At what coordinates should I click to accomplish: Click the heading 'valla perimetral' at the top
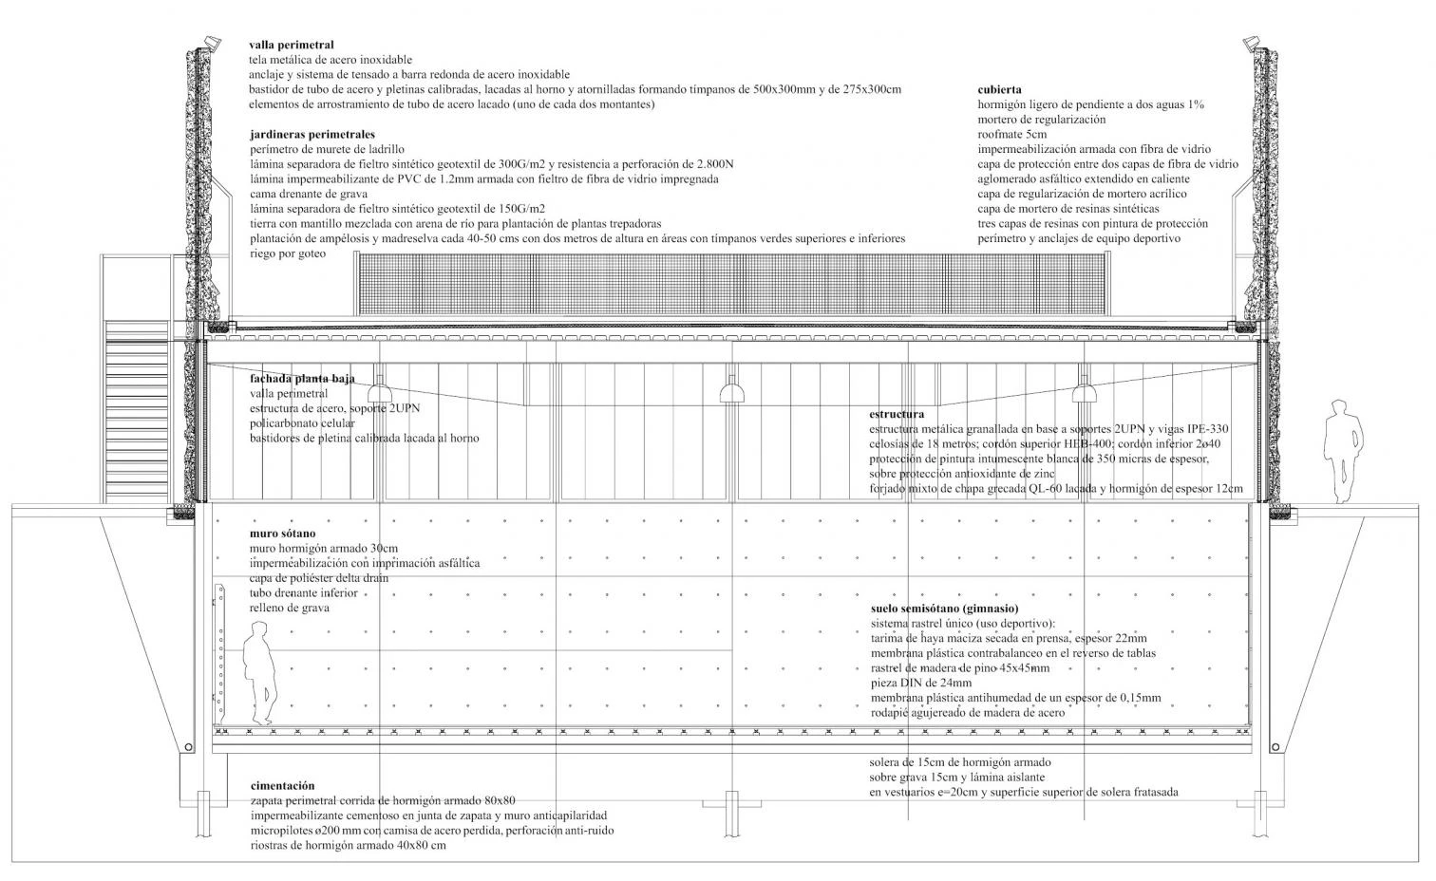292,44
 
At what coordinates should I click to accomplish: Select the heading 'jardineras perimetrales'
312,134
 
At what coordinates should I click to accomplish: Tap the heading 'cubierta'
999,89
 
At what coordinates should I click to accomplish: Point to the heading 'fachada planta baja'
302,378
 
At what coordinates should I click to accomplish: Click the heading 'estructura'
897,414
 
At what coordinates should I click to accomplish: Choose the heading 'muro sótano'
283,533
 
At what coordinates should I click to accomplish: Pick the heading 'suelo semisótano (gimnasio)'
944,608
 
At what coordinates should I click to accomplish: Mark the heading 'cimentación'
282,785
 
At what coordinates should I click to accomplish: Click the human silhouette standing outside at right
1343,451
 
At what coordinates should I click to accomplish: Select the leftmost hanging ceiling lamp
380,389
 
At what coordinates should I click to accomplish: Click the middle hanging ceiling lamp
731,389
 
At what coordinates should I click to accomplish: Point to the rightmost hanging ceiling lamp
1083,389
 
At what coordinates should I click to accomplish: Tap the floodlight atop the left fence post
210,42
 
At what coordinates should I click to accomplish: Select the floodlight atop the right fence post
1253,42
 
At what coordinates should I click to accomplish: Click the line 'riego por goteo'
288,253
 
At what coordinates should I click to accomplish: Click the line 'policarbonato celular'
302,422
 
